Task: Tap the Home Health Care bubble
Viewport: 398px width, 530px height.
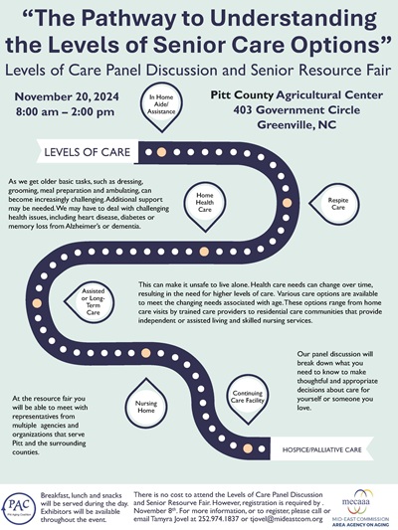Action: (205, 203)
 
